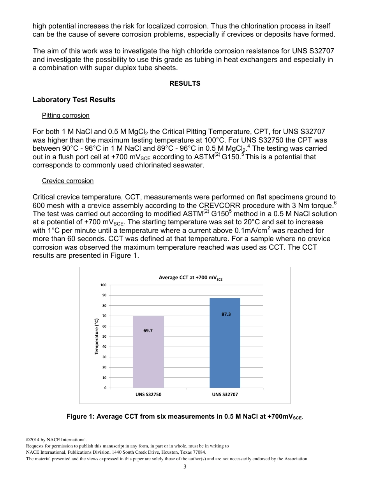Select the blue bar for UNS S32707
pos(225,343)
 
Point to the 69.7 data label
pos(148,331)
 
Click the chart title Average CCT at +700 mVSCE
pos(190,278)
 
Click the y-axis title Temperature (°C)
pos(97,336)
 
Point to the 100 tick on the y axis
pos(103,285)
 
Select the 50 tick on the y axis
pos(104,336)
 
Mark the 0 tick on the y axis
pos(105,388)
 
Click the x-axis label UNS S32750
pos(148,394)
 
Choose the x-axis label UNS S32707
pos(225,394)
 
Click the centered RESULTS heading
pos(185,84)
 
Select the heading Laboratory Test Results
pos(74,100)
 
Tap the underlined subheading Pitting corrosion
pos(66,116)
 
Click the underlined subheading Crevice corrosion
pos(68,181)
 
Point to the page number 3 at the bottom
pos(185,467)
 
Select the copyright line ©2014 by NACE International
pos(54,440)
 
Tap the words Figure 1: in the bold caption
pos(80,417)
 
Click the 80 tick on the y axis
pos(104,306)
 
